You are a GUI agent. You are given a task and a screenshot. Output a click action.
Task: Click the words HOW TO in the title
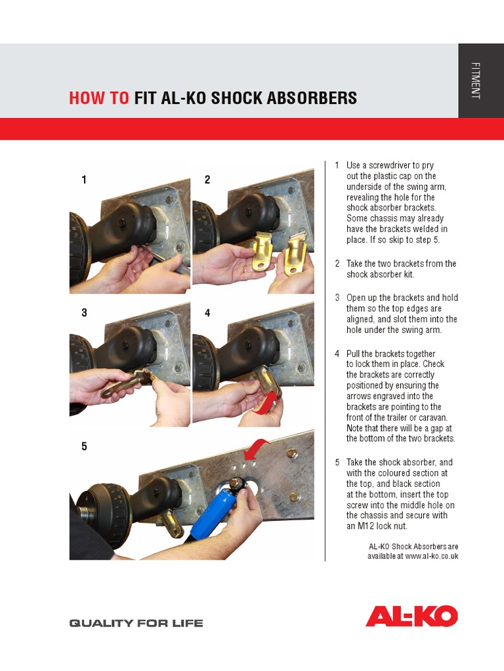coord(99,98)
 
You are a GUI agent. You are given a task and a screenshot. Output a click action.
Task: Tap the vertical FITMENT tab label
coord(476,81)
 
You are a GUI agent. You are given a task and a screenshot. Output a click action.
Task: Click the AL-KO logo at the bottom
coord(411,616)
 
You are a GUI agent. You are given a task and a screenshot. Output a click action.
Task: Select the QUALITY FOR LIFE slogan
coord(136,623)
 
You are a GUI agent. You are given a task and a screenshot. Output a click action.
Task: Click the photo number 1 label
coord(84,180)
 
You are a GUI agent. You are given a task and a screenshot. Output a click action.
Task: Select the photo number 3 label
coord(84,313)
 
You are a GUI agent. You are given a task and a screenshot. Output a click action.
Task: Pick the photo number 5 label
coord(84,447)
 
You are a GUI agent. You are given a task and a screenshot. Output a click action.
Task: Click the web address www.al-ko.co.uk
coord(431,556)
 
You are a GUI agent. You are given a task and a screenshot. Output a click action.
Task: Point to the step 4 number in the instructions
coord(337,354)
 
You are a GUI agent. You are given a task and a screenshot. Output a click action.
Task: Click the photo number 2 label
coord(207,180)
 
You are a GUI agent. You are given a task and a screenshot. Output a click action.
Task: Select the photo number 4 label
coord(207,313)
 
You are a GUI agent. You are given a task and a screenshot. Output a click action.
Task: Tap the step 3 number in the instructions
coord(337,298)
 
